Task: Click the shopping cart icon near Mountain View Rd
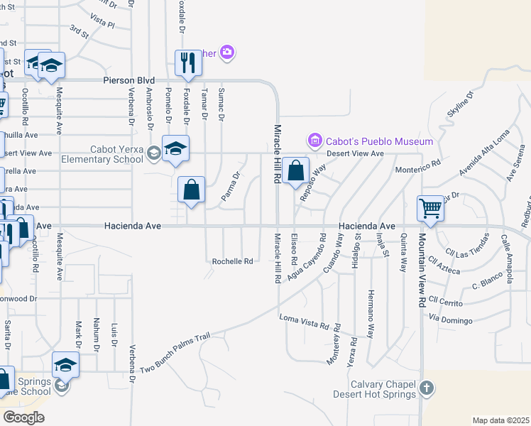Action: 431,209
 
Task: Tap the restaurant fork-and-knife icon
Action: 188,62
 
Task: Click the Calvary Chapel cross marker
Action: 426,388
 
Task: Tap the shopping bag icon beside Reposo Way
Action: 295,170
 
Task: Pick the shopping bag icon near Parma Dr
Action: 191,190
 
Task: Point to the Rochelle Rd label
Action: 233,261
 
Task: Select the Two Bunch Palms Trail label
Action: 175,353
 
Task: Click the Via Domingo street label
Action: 450,319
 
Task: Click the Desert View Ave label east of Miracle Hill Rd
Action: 355,153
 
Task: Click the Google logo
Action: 23,417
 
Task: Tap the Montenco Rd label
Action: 417,163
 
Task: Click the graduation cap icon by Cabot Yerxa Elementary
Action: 175,148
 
